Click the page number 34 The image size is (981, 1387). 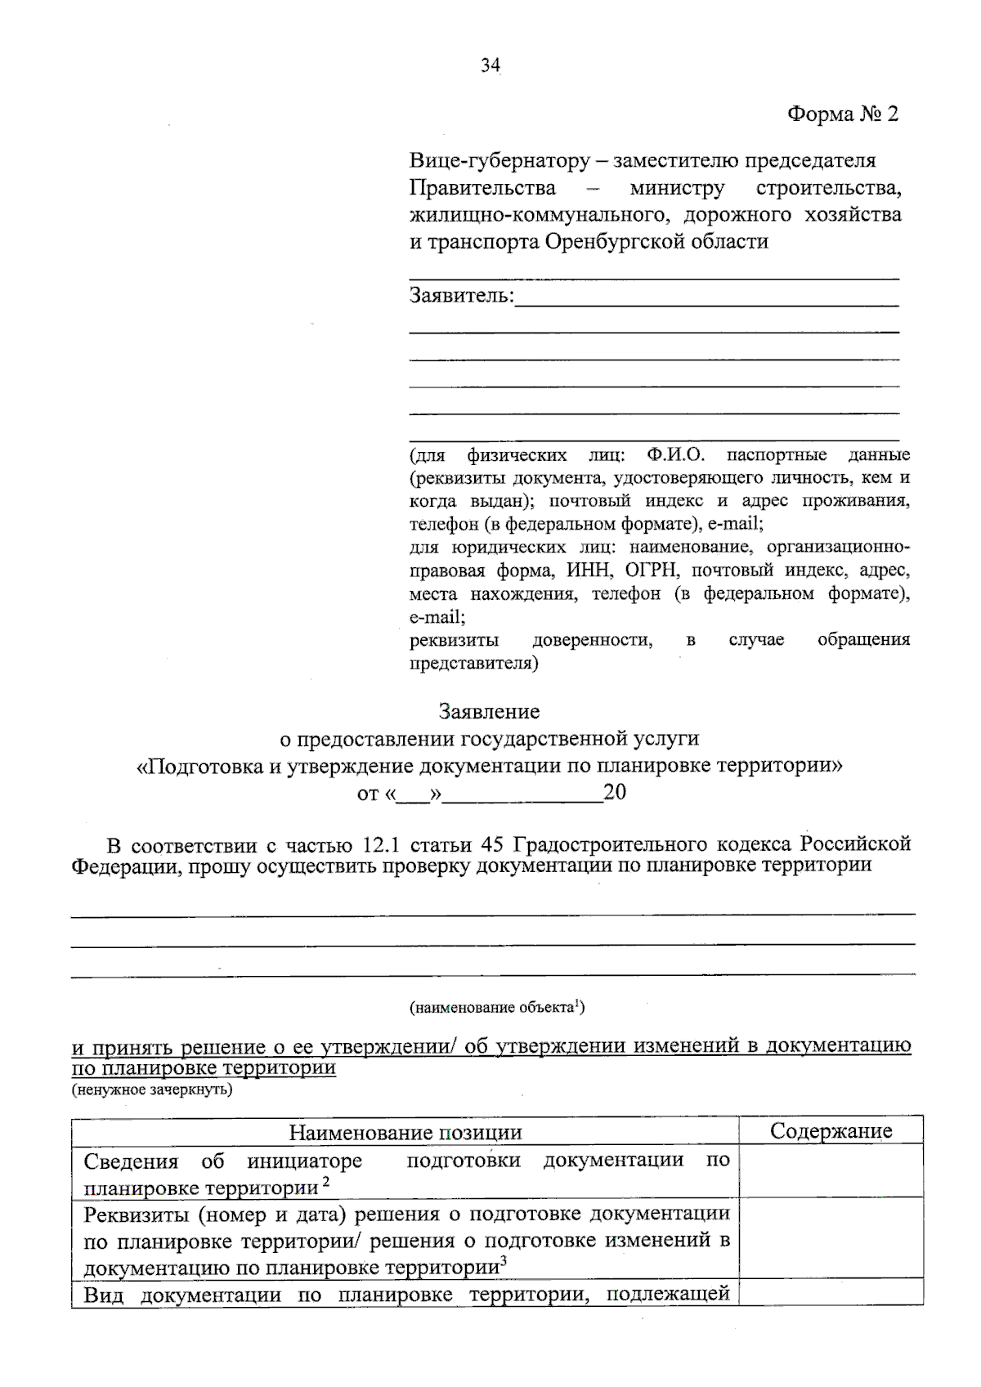[490, 66]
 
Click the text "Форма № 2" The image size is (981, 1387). [842, 114]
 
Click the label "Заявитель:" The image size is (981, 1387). [462, 295]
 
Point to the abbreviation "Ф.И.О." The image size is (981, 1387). [675, 454]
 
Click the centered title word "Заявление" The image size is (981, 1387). [489, 711]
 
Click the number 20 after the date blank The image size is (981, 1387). [614, 792]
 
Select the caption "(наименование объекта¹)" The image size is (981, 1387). [497, 1007]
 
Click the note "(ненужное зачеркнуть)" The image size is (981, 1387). [151, 1089]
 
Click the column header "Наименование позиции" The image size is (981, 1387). [405, 1132]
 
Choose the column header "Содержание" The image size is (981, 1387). [831, 1131]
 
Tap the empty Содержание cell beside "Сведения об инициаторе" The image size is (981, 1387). [831, 1172]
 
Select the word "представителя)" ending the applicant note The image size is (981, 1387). [473, 664]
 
